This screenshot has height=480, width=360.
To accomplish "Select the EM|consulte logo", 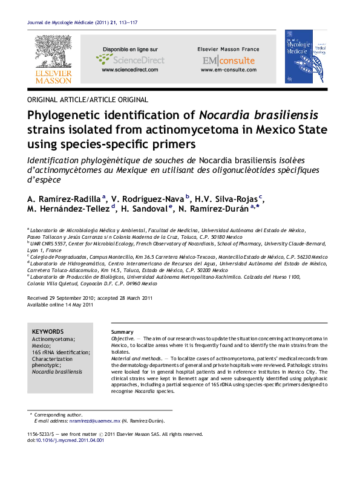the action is click(x=228, y=60).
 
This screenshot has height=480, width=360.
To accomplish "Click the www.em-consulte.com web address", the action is click(x=228, y=70).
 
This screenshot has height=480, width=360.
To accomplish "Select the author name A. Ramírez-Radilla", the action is click(x=67, y=198).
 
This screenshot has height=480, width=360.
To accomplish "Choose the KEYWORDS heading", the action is click(x=48, y=332).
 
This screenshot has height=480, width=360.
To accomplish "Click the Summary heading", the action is click(x=122, y=332).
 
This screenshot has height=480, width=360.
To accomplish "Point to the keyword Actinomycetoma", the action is click(x=53, y=340).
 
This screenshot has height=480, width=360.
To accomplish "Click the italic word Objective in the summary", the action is click(x=122, y=339).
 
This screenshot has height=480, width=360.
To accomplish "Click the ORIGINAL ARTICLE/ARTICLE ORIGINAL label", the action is click(x=88, y=100).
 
